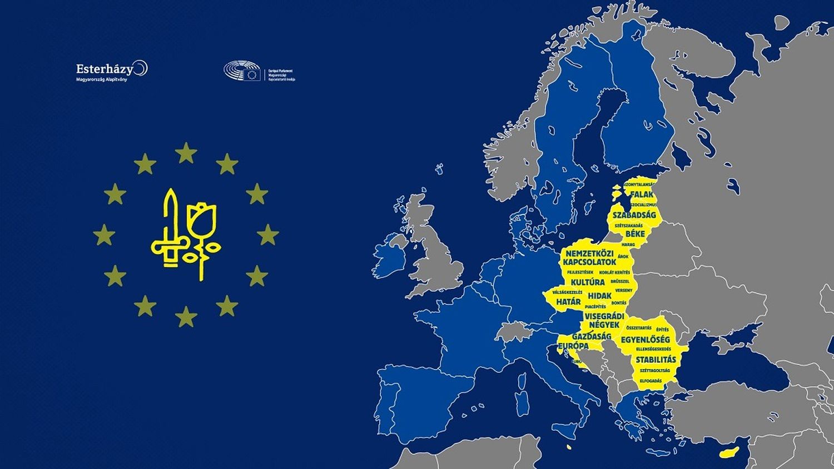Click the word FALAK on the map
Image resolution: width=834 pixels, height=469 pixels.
642,194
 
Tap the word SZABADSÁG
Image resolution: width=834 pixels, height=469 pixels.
634,215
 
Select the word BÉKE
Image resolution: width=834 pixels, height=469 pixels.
635,234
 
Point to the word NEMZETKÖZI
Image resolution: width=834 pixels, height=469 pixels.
589,253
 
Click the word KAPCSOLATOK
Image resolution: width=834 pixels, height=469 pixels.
589,262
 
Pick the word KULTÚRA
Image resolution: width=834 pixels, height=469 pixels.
587,282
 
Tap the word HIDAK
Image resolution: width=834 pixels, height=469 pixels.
599,296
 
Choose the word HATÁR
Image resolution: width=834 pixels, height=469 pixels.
568,302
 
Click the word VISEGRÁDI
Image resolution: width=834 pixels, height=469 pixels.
604,316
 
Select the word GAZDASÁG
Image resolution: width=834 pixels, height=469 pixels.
591,336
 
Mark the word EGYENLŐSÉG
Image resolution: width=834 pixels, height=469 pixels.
645,340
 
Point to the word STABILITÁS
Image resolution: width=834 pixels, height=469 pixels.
656,360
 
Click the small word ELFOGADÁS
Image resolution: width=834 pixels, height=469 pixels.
651,381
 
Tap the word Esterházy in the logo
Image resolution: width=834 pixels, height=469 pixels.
105,69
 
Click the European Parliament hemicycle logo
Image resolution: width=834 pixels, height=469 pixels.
242,72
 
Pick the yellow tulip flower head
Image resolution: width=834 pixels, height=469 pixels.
201,218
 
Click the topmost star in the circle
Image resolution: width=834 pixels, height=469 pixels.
186,153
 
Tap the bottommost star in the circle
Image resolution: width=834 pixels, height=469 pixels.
186,317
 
